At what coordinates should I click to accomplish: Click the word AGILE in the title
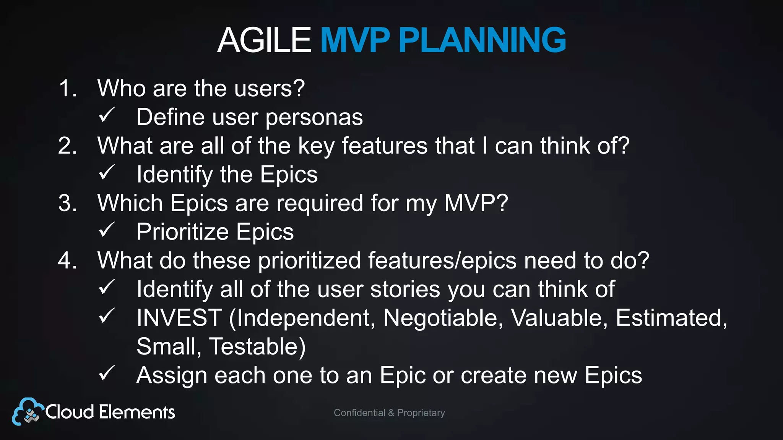(264, 40)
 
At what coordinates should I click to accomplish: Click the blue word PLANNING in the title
(482, 40)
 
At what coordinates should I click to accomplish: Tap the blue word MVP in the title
(355, 40)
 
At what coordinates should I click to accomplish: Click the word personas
(314, 118)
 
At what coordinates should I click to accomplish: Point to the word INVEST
(179, 318)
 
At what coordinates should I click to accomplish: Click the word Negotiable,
(443, 318)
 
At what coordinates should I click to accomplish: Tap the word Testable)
(257, 347)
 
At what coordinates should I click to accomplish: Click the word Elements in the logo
(137, 412)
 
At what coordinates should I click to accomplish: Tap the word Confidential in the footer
(359, 413)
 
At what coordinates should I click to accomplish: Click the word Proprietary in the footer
(421, 413)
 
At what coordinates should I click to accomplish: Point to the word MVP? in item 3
(476, 203)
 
